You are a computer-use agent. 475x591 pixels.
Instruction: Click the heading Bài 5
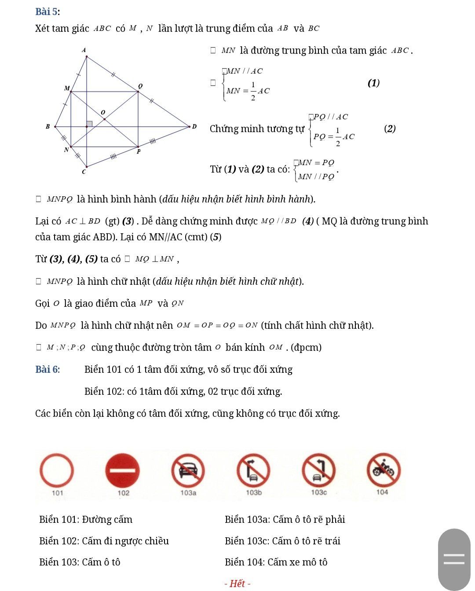tap(47, 11)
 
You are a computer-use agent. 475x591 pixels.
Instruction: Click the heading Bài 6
tap(47, 369)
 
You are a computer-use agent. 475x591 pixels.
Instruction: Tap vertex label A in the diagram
tap(84, 50)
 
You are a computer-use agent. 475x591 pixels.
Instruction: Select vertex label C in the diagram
tap(84, 172)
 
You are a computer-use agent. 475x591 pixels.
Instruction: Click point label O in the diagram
tap(103, 113)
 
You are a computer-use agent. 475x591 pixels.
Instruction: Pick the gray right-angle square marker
tap(90, 124)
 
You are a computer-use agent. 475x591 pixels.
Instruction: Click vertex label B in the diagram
tap(48, 127)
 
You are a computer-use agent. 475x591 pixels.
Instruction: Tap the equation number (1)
tap(373, 83)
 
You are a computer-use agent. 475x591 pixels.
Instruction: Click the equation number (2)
tap(390, 128)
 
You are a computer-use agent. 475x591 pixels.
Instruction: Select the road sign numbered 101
tap(57, 470)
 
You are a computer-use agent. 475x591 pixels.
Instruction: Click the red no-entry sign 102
tap(122, 470)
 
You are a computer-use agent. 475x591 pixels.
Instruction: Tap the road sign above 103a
tap(188, 470)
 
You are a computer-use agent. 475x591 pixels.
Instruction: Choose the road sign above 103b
tap(253, 470)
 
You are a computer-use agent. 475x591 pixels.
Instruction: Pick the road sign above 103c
tap(319, 470)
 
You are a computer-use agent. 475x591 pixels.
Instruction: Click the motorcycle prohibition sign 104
tap(384, 470)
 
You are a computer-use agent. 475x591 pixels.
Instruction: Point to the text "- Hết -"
tap(237, 584)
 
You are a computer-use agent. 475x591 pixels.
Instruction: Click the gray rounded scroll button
tap(454, 559)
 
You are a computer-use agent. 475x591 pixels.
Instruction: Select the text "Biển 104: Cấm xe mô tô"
tap(276, 562)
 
